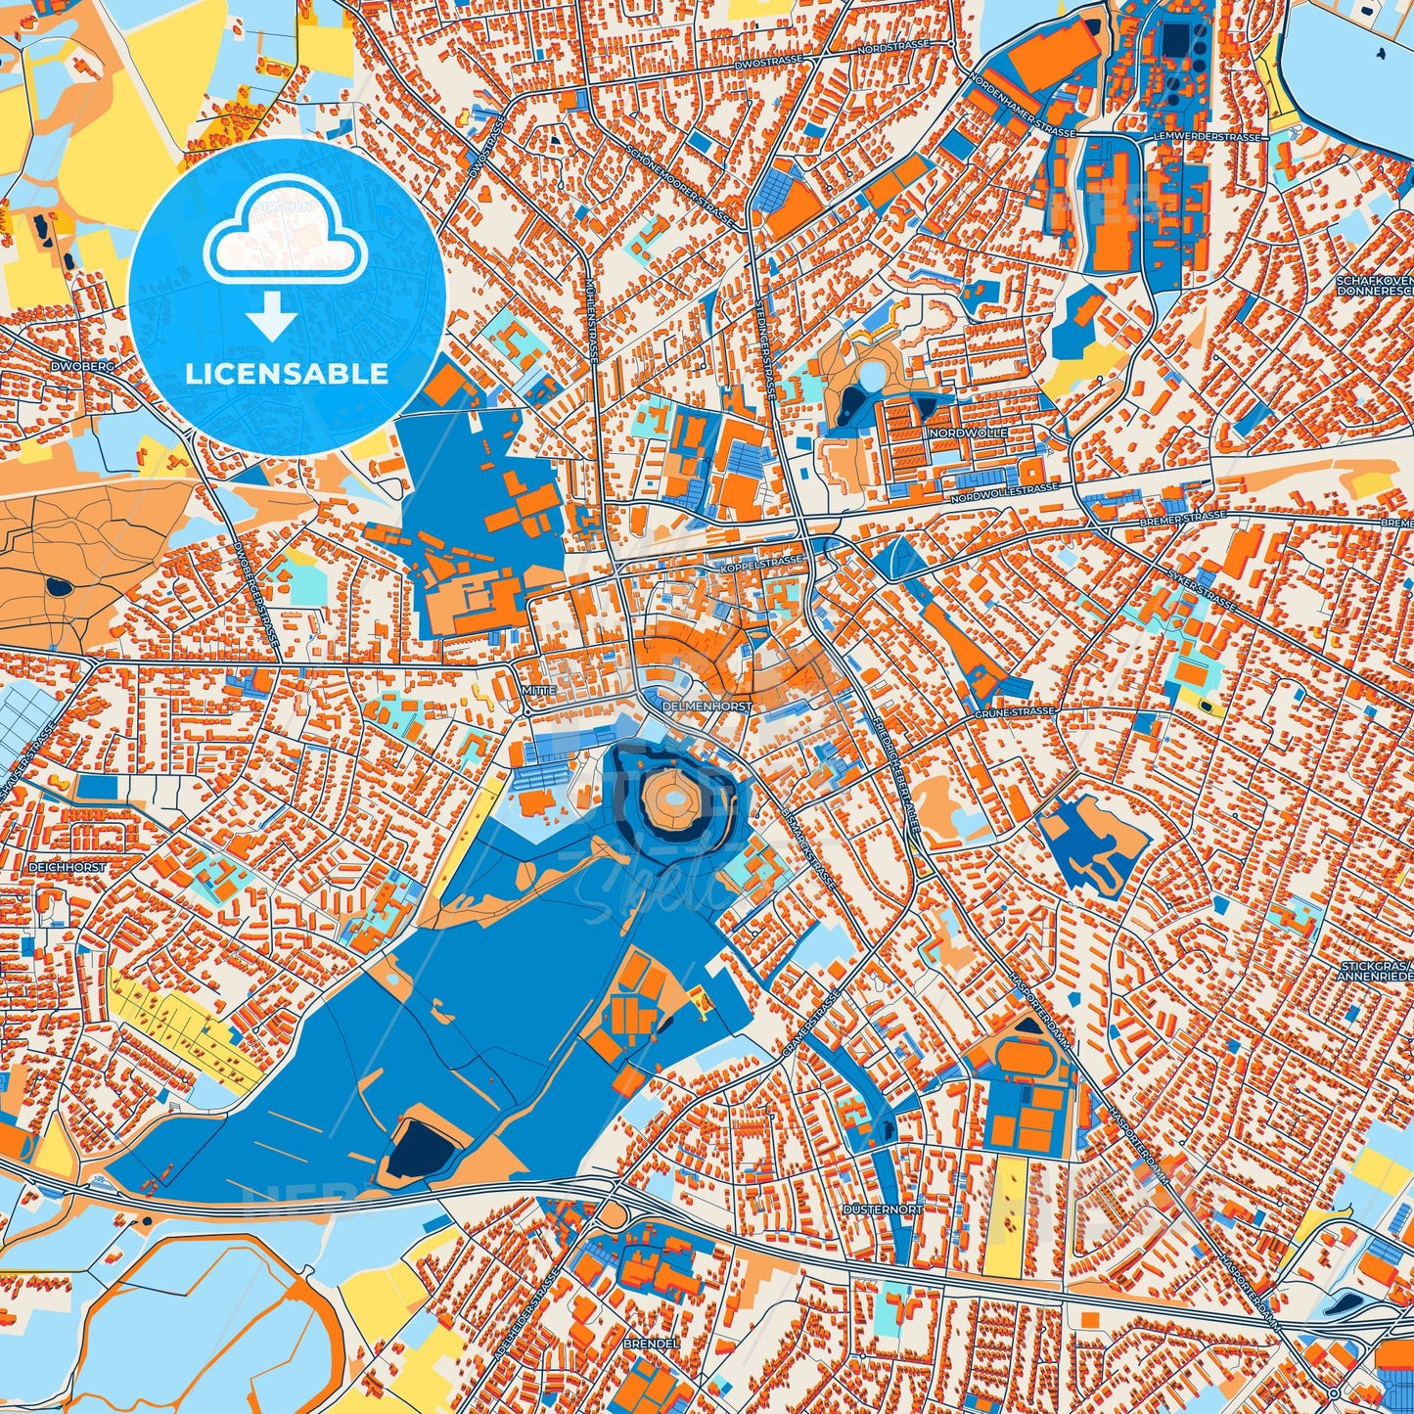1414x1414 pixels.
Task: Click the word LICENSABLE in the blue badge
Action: [287, 374]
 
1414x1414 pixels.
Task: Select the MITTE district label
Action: [539, 690]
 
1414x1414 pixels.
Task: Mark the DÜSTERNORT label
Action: [883, 1209]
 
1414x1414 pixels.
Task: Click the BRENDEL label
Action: [651, 1344]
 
